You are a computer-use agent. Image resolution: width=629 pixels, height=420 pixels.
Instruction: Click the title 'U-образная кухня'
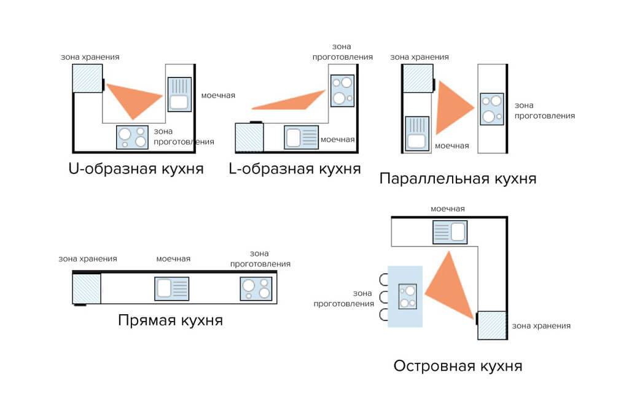coord(136,168)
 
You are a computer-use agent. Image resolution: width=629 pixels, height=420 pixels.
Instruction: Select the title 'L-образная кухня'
coord(294,168)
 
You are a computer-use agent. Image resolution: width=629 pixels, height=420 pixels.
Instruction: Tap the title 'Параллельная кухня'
coord(458,179)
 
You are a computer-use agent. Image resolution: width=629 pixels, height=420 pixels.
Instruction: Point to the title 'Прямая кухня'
coord(170,320)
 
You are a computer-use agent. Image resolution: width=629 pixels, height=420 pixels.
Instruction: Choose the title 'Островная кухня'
coord(458,367)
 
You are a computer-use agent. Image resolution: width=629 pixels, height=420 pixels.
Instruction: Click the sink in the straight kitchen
coord(171,288)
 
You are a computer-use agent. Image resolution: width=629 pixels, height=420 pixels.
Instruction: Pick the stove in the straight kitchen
coord(256,288)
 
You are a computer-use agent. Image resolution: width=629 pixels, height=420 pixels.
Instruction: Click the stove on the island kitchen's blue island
coord(408,296)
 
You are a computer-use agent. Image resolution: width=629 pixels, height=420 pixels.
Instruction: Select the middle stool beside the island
coord(385,298)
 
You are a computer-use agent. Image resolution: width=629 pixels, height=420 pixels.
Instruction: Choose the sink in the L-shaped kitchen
coord(301,137)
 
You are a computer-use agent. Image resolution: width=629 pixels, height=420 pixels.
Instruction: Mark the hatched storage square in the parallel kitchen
coord(418,78)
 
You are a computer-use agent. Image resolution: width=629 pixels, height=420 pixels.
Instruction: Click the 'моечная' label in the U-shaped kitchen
coord(218,95)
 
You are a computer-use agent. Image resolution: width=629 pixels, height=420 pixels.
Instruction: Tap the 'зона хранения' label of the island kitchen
coord(541,326)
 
